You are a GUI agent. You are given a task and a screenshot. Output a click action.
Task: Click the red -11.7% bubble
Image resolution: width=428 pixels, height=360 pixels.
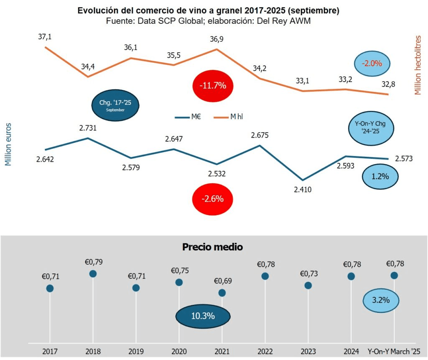point(212,86)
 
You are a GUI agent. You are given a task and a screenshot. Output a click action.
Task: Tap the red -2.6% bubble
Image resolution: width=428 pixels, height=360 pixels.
point(212,199)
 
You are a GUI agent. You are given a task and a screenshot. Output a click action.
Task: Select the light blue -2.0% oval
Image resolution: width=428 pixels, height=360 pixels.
point(372,64)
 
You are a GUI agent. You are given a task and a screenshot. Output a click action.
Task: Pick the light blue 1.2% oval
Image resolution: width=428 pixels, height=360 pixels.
point(380,176)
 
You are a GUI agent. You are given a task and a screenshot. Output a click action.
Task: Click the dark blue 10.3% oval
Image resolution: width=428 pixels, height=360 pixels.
point(203,316)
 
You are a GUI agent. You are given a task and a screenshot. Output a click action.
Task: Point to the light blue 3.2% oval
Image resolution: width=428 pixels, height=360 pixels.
point(380,300)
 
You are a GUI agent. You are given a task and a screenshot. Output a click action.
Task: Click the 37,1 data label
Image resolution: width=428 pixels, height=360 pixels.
point(45,37)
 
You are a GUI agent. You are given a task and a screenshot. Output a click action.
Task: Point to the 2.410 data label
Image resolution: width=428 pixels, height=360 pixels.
point(303,189)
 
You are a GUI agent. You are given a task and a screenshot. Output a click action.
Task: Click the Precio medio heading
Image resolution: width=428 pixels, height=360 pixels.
point(212,247)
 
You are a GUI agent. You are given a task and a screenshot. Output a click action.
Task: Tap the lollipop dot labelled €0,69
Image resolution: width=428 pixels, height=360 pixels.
point(222,293)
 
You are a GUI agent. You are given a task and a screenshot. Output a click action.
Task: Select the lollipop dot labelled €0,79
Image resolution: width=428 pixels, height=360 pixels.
point(93,273)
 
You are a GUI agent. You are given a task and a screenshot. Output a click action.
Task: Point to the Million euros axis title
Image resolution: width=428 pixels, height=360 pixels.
point(8,144)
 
